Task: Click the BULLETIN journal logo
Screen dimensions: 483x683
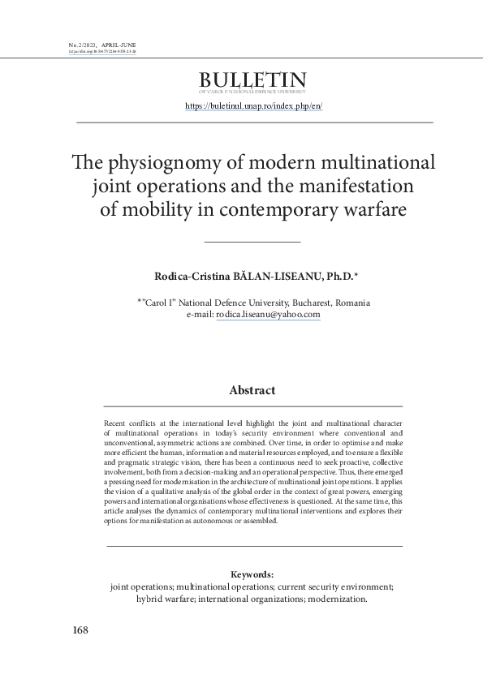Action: coord(252,81)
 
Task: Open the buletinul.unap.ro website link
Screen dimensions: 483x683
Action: coord(254,106)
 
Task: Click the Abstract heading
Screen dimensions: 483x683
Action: coord(252,390)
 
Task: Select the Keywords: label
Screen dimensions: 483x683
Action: coord(252,574)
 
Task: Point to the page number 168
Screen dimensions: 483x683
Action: coord(80,630)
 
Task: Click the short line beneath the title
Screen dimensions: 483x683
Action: coord(252,242)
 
